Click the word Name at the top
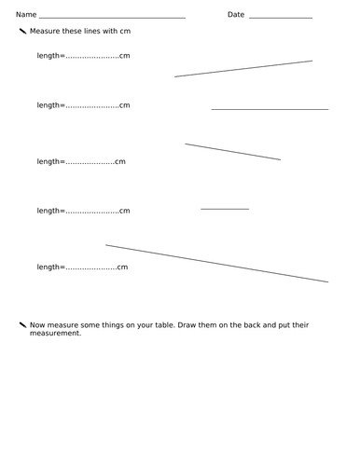[x=26, y=15]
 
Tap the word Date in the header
[x=236, y=15]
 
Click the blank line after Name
[x=112, y=18]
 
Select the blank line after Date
[x=281, y=18]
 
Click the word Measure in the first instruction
[x=46, y=32]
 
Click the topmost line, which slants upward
[x=243, y=69]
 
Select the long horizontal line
[x=270, y=109]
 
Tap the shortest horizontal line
[x=225, y=209]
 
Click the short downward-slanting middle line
[x=233, y=152]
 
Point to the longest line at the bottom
[x=217, y=263]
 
